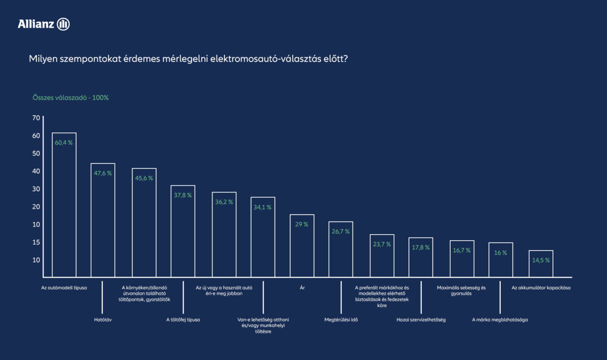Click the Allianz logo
pos(44,24)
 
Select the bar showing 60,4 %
pos(64,205)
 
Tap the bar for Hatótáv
pos(103,220)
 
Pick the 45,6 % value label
pos(144,178)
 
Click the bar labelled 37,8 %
pos(183,231)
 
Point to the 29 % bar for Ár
pos(302,246)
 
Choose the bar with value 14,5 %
pos(541,263)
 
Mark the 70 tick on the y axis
pos(35,118)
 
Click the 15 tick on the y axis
pos(35,242)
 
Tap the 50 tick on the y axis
pos(35,153)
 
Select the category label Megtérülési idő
pos(341,320)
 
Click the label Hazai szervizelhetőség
pos(421,320)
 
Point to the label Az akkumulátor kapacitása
pos(541,288)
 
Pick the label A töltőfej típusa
pos(183,320)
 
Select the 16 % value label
pos(501,253)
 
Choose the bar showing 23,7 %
pos(382,256)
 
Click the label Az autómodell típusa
pos(64,288)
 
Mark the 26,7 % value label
pos(340,231)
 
